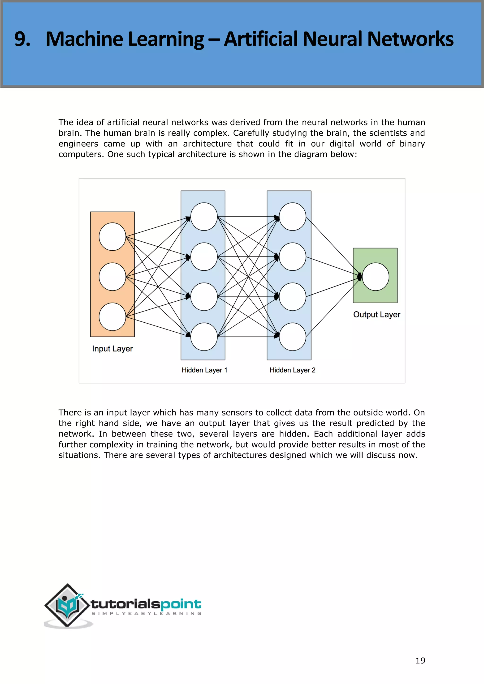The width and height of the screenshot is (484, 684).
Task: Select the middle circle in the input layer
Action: tap(112, 277)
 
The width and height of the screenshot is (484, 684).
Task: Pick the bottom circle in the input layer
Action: tap(112, 316)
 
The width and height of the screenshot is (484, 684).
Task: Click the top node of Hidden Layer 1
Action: tap(204, 217)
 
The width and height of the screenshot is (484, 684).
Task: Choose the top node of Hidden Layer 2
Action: tap(292, 217)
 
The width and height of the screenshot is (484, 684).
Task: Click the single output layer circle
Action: tap(376, 277)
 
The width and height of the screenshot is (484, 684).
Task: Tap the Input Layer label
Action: tap(112, 349)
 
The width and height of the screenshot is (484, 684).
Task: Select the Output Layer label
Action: tap(376, 315)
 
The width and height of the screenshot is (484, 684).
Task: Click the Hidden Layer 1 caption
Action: tap(204, 370)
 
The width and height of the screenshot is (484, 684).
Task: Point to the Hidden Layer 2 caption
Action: tap(292, 370)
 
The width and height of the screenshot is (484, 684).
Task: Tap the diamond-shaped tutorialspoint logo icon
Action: tap(67, 605)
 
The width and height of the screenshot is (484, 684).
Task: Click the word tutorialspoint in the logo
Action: tap(146, 604)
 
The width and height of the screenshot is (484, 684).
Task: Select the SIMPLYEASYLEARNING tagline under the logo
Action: tap(146, 613)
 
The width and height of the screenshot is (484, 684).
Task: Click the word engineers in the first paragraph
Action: tap(78, 144)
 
